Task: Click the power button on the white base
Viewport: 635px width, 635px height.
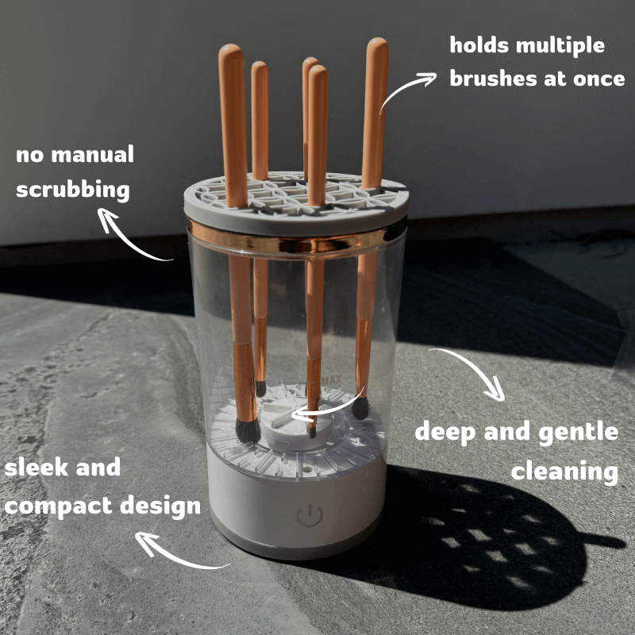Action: pyautogui.click(x=308, y=516)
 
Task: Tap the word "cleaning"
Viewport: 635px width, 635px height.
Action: pyautogui.click(x=564, y=471)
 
